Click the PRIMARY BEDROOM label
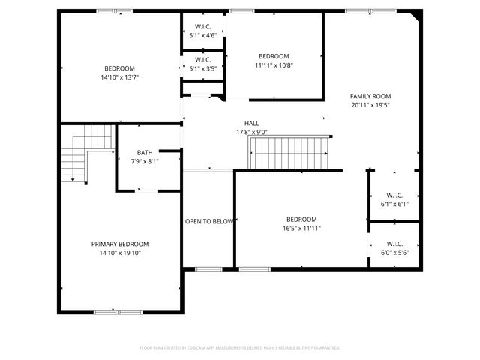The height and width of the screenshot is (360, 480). pyautogui.click(x=120, y=244)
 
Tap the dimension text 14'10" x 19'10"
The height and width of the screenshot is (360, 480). pyautogui.click(x=120, y=253)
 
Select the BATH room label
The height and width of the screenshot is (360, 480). pyautogui.click(x=144, y=152)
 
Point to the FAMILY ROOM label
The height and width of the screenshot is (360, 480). pyautogui.click(x=370, y=96)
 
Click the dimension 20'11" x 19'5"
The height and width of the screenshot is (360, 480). pyautogui.click(x=370, y=105)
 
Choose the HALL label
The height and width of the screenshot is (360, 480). pyautogui.click(x=251, y=124)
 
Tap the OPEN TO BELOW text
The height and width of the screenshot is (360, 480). pyautogui.click(x=209, y=222)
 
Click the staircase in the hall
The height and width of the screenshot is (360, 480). pyautogui.click(x=289, y=154)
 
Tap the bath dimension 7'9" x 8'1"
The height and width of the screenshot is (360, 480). pyautogui.click(x=144, y=161)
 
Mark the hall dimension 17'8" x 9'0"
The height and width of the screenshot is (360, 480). pyautogui.click(x=251, y=133)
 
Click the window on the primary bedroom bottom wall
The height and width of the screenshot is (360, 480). pyautogui.click(x=118, y=311)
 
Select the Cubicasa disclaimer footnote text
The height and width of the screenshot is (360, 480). pyautogui.click(x=240, y=348)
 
